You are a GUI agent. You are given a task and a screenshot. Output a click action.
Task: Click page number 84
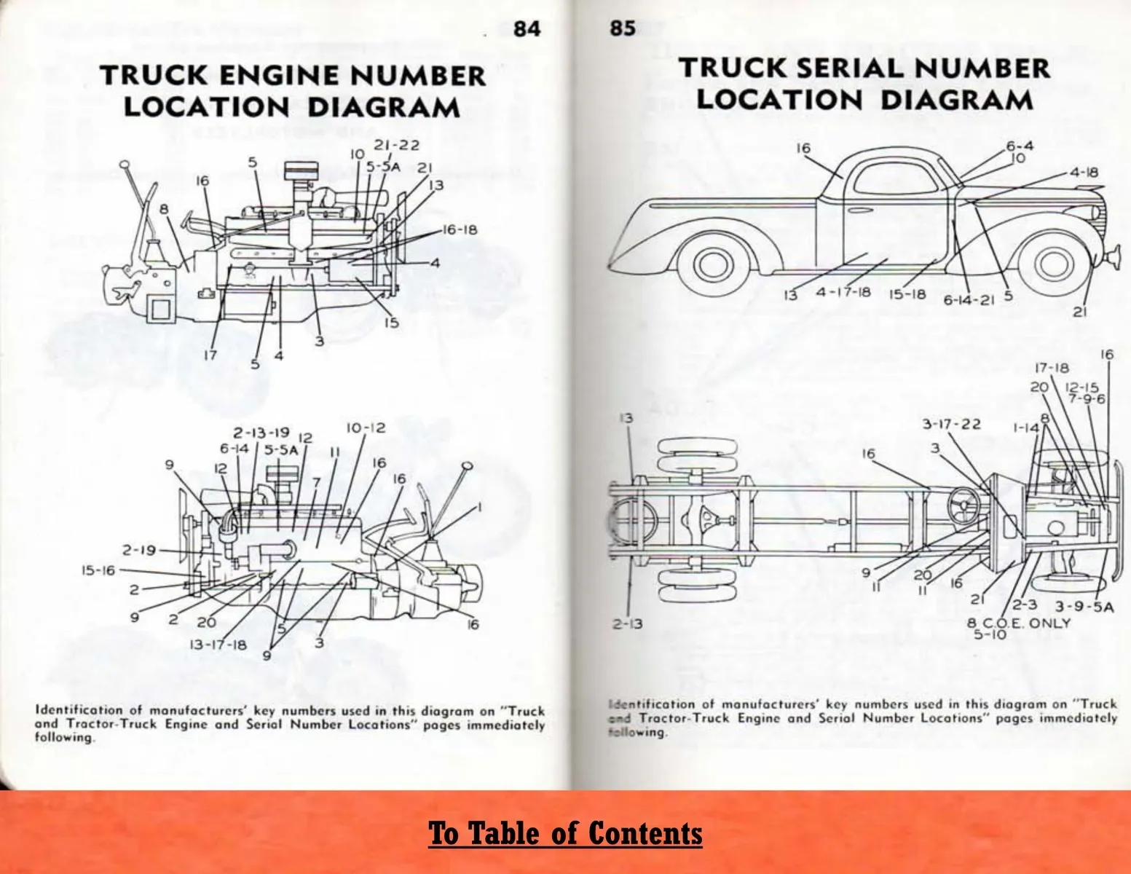(527, 28)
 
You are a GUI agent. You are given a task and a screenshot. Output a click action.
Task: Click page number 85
(623, 27)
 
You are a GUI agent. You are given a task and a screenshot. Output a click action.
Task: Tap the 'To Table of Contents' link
(565, 833)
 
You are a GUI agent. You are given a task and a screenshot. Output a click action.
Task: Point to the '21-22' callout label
(397, 145)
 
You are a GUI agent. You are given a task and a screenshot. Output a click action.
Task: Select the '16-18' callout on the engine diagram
(460, 229)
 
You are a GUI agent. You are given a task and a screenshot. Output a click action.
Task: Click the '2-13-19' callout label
(261, 433)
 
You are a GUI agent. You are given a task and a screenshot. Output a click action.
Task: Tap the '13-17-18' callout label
(218, 645)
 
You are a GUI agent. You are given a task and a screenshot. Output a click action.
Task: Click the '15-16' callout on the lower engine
(98, 570)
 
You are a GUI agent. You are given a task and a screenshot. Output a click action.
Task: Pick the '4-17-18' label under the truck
(843, 292)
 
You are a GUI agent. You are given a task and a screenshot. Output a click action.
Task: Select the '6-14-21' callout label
(969, 300)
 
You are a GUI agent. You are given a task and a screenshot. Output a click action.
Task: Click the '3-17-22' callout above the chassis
(951, 424)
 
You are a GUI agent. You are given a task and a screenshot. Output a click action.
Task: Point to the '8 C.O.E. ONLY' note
(1019, 623)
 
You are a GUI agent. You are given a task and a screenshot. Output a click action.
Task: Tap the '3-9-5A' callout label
(1084, 607)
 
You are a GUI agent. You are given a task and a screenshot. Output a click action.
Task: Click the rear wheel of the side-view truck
(707, 264)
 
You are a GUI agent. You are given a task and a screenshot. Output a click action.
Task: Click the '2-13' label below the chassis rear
(627, 623)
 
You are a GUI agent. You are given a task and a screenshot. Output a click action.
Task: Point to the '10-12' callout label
(366, 428)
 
